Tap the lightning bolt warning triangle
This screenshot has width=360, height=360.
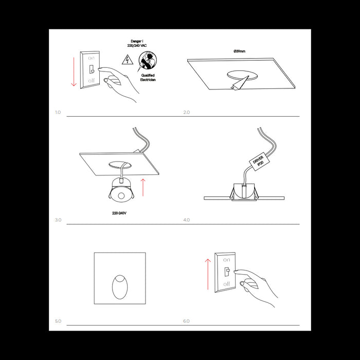point(125,60)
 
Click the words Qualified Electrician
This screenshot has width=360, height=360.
point(147,78)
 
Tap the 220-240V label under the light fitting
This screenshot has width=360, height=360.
point(119,212)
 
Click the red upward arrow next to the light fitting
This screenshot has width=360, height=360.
point(143,188)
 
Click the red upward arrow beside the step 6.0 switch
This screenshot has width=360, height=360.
point(208,274)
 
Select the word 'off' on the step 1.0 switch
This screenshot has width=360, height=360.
point(91,81)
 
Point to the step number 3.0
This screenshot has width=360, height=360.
point(58,220)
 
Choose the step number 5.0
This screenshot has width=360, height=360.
point(58,321)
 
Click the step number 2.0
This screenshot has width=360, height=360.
point(186,112)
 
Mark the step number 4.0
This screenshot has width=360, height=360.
point(186,220)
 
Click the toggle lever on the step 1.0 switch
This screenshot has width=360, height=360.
point(91,69)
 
